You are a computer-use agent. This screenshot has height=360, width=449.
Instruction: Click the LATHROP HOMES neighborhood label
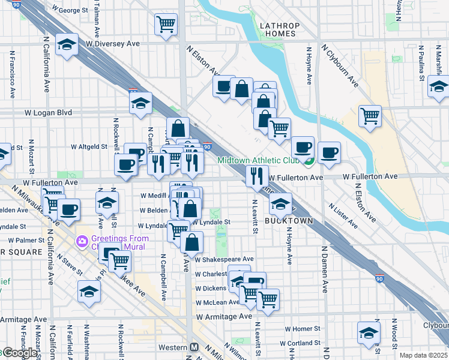pos(278,29)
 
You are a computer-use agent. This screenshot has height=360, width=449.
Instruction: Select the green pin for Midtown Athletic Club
pos(309,161)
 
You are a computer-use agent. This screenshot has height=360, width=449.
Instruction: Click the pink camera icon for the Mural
pos(81,241)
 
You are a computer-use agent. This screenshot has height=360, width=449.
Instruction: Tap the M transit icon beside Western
pos(194,347)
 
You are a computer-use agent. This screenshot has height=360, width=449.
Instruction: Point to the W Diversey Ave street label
pos(112,44)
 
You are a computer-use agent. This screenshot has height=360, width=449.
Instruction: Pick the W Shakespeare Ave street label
pos(224,259)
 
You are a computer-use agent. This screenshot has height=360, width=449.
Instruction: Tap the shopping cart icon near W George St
pos(166,25)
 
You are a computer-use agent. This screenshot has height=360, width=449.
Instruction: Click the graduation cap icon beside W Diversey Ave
pos(67,44)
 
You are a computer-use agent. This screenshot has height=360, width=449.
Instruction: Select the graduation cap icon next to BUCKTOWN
pos(280,204)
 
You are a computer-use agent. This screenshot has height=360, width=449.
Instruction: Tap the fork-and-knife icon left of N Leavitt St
pos(256,176)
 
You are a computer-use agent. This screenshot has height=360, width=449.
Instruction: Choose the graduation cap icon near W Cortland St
pos(369,332)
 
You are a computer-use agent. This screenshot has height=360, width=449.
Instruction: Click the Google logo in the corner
pos(19,353)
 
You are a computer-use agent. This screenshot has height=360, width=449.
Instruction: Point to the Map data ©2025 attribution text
pos(423,355)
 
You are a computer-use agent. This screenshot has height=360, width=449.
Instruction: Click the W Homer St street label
pos(303,329)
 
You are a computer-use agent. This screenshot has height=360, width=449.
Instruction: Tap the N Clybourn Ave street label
pos(340,65)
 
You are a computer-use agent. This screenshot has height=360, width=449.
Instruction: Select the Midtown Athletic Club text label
pos(258,160)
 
